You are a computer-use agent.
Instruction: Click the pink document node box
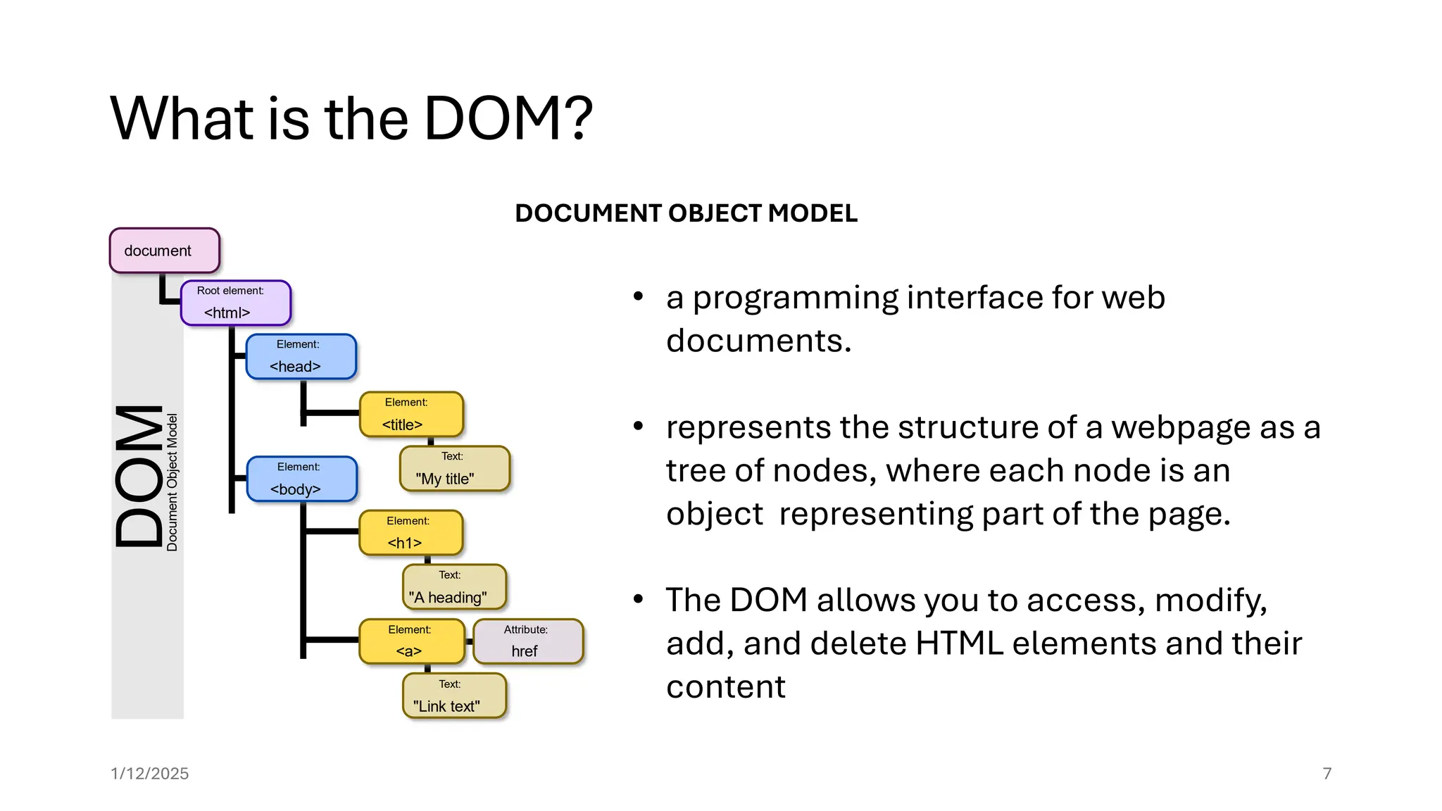click(x=164, y=251)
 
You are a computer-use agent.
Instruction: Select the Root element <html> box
click(x=235, y=303)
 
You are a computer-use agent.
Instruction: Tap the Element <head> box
click(x=301, y=357)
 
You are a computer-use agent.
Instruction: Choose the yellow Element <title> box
click(x=411, y=415)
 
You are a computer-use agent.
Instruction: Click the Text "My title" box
click(x=454, y=469)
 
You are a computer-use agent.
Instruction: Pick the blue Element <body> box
click(x=301, y=479)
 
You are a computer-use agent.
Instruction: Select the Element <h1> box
click(x=411, y=533)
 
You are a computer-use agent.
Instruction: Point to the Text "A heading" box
click(x=454, y=587)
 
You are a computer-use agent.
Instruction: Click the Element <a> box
click(x=412, y=641)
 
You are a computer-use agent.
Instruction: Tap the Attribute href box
click(x=528, y=641)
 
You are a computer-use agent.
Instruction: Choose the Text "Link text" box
click(x=454, y=696)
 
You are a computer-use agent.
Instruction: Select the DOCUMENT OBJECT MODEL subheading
click(x=686, y=213)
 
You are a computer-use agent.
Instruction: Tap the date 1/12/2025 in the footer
click(x=149, y=774)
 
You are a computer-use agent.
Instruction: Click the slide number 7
click(x=1327, y=774)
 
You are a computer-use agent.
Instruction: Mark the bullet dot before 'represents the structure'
click(x=638, y=426)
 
